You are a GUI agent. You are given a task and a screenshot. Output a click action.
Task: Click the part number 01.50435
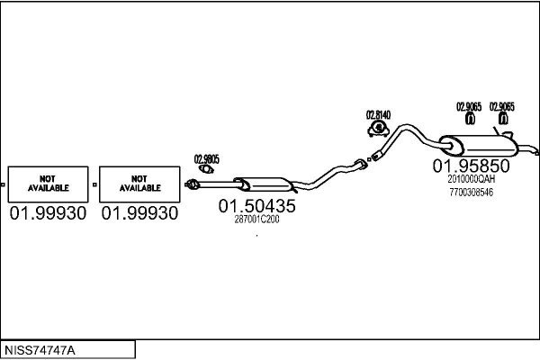pyautogui.click(x=256, y=206)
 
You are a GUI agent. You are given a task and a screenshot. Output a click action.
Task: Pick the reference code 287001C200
pyautogui.click(x=256, y=219)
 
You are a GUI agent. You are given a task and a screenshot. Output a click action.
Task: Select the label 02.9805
pyautogui.click(x=207, y=158)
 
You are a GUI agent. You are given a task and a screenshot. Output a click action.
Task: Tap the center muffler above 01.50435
pyautogui.click(x=261, y=184)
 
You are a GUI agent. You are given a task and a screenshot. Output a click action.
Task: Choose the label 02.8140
pyautogui.click(x=378, y=114)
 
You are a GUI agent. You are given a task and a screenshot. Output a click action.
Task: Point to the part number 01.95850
pyautogui.click(x=471, y=166)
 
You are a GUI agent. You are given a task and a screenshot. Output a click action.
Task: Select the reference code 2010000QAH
pyautogui.click(x=471, y=179)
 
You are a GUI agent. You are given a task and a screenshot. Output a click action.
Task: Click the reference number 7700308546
pyautogui.click(x=471, y=192)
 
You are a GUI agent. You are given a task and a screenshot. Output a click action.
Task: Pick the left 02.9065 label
pyautogui.click(x=470, y=105)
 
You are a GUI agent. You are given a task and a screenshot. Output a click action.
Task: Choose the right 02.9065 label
pyautogui.click(x=502, y=105)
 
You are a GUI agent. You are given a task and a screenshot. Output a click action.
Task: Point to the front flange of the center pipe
pyautogui.click(x=191, y=185)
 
